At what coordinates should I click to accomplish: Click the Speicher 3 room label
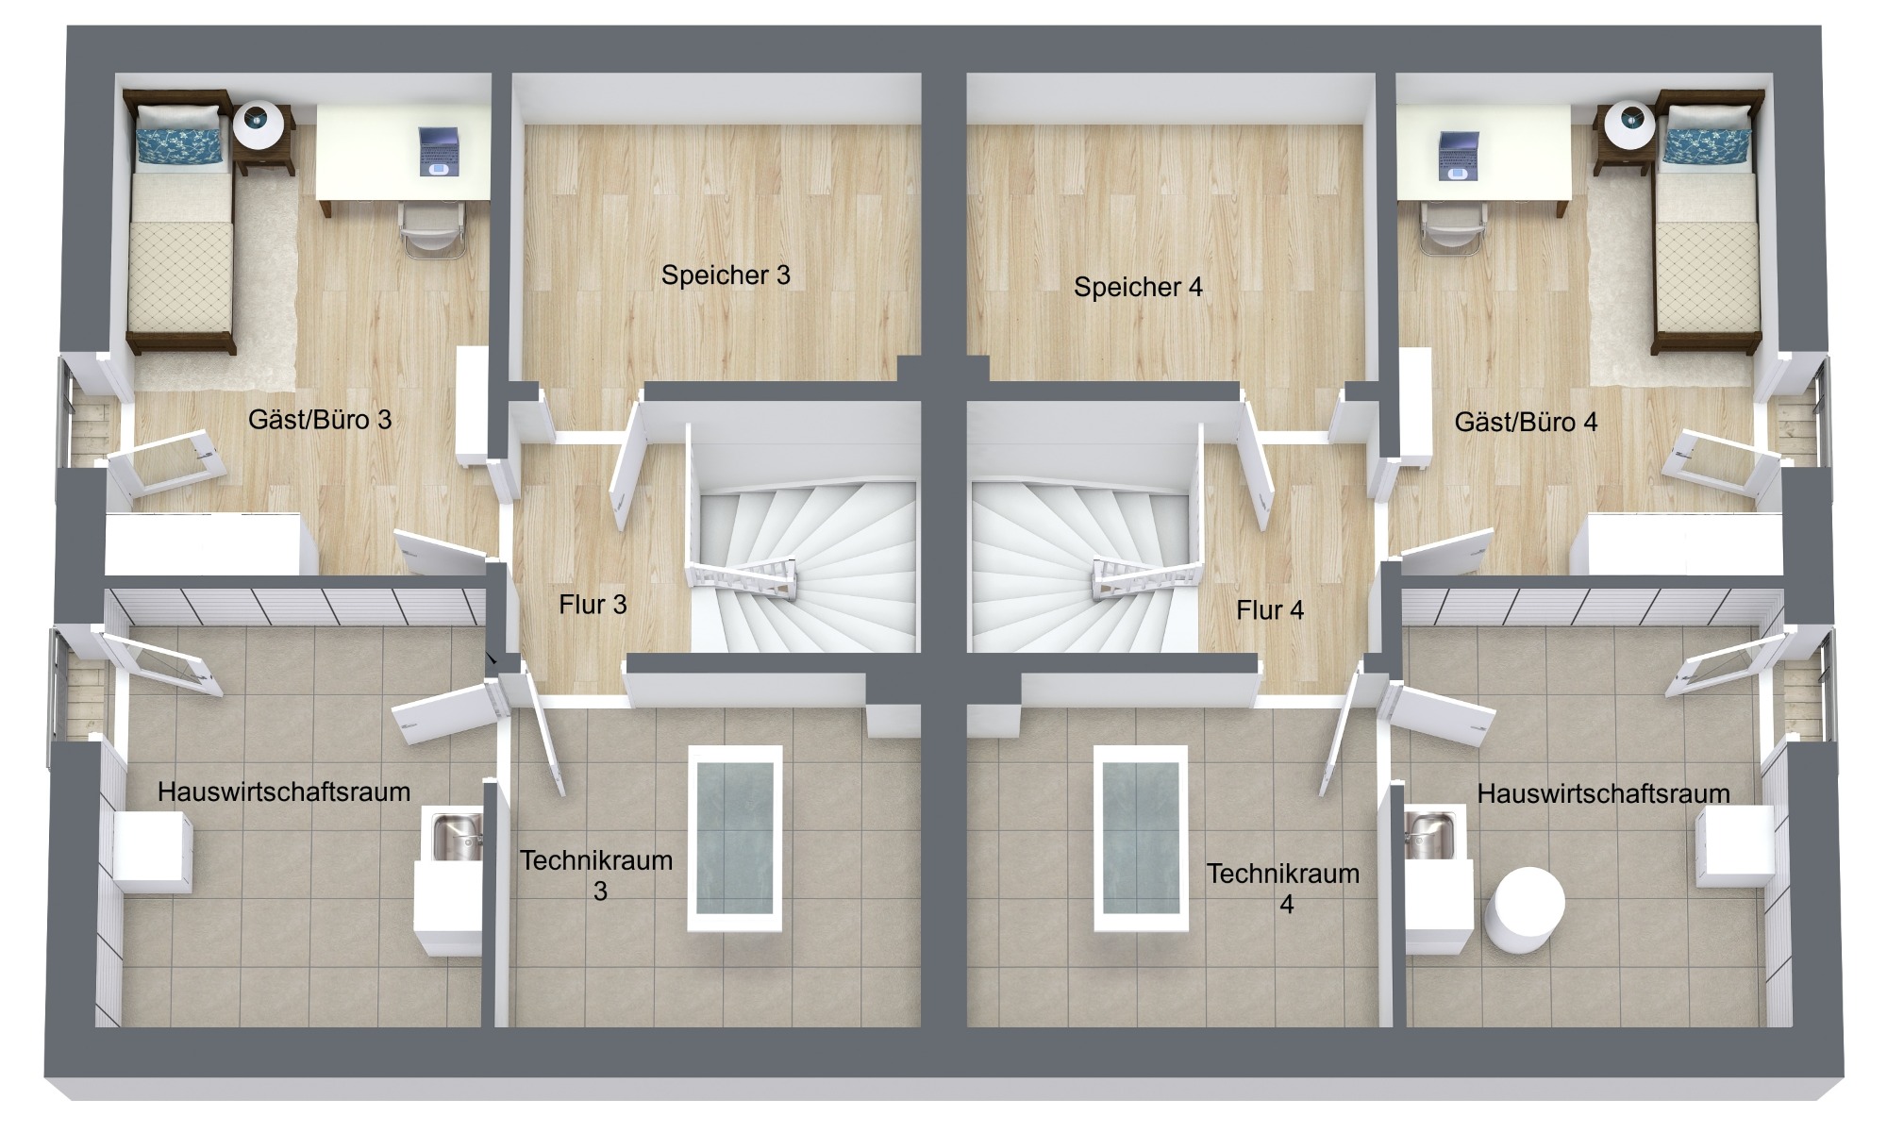pyautogui.click(x=726, y=275)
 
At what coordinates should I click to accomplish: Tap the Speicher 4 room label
pyautogui.click(x=1138, y=287)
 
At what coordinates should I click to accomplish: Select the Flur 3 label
pyautogui.click(x=593, y=605)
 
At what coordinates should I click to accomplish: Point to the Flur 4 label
pyautogui.click(x=1270, y=610)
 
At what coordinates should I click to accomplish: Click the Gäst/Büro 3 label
pyautogui.click(x=320, y=420)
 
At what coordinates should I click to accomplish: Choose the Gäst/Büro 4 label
pyautogui.click(x=1526, y=422)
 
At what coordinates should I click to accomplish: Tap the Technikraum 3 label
pyautogui.click(x=596, y=875)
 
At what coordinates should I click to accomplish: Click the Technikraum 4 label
pyautogui.click(x=1283, y=889)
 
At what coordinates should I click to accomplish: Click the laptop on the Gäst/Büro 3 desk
pyautogui.click(x=439, y=151)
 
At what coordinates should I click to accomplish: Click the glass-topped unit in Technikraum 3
pyautogui.click(x=735, y=839)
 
